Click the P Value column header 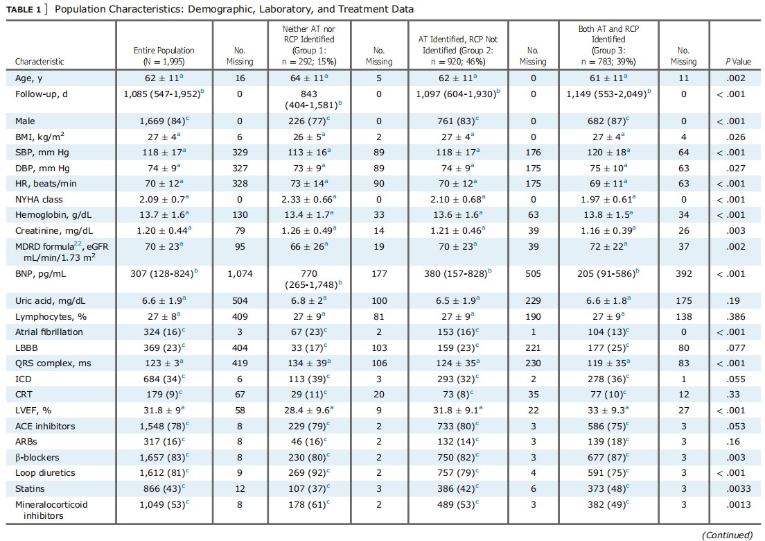click(x=738, y=62)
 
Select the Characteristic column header click(x=39, y=62)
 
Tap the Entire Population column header click(x=164, y=56)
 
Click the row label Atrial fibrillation click(x=49, y=332)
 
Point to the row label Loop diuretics click(x=45, y=472)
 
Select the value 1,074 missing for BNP click(x=240, y=274)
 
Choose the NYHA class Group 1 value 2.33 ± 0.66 click(x=309, y=199)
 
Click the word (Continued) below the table click(x=727, y=535)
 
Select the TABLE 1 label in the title click(x=24, y=9)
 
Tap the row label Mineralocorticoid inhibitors click(x=51, y=510)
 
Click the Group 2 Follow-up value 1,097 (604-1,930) click(x=457, y=94)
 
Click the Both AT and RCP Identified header click(x=608, y=45)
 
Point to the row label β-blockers click(x=37, y=458)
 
